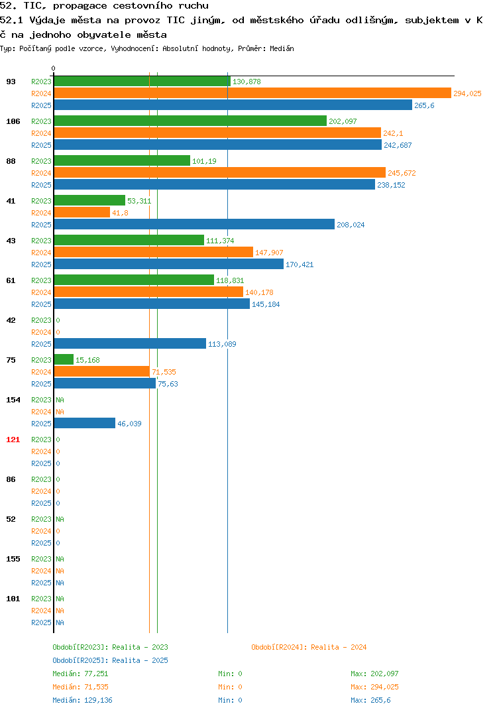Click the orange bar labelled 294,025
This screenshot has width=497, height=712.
253,93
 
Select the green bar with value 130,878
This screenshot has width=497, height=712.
142,82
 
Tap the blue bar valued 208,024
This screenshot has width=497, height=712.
194,224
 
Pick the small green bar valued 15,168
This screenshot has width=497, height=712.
64,359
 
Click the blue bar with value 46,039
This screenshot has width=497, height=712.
85,423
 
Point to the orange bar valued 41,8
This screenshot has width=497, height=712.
82,213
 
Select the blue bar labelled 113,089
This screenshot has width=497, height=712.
131,344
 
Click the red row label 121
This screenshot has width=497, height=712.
13,440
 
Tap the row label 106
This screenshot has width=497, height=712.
13,121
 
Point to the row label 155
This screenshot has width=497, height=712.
13,559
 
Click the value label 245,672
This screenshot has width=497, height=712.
402,173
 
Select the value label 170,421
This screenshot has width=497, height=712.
300,265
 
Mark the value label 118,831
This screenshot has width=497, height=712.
230,280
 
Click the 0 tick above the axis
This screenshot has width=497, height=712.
53,68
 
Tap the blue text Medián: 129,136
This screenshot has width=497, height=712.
83,700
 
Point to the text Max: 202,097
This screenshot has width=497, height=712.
374,674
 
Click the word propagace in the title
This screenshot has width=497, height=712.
80,6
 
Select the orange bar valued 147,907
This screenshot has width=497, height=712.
154,252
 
